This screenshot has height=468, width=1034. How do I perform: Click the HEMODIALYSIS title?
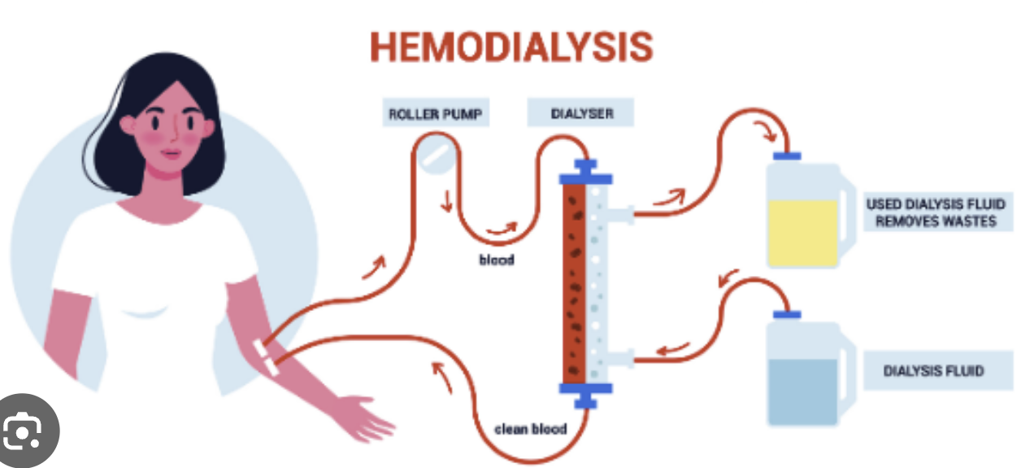point(511,47)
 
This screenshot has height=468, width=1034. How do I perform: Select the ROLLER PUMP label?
point(436,114)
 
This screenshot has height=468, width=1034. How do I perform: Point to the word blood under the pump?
point(495,260)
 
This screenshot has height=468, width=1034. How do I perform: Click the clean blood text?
point(531,428)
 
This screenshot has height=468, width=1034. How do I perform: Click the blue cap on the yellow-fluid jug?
point(788,155)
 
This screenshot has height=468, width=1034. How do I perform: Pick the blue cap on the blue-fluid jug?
point(788,313)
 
